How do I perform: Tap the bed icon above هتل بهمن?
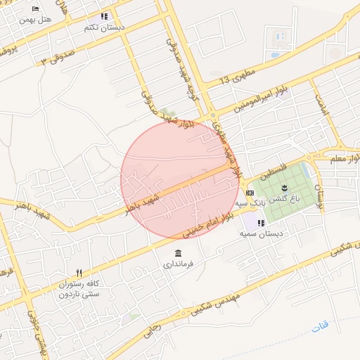point(36,9)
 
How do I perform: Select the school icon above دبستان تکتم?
point(105,16)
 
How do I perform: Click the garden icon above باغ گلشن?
point(285,187)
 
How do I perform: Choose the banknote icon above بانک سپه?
point(251,193)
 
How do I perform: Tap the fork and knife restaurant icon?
point(79,273)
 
